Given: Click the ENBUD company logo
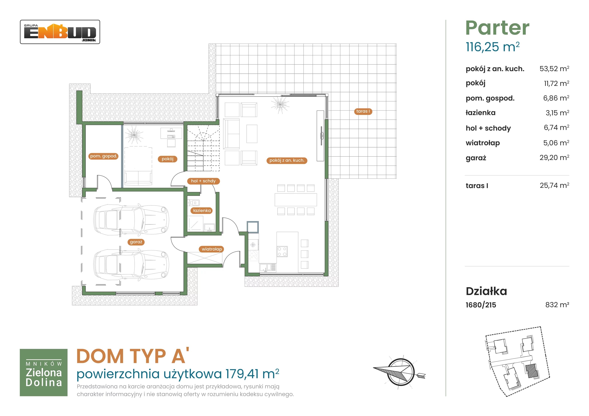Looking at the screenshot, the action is [x=60, y=32].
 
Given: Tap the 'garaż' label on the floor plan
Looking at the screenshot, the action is [x=136, y=242].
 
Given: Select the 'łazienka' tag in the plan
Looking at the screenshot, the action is [x=202, y=211].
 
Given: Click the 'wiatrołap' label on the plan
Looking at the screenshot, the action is [x=212, y=249].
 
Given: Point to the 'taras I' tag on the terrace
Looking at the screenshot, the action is [x=363, y=111].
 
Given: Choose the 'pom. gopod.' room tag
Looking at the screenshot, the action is [x=103, y=156].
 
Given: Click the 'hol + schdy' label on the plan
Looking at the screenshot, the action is [x=203, y=181].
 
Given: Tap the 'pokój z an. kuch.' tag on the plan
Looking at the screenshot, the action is [x=287, y=160].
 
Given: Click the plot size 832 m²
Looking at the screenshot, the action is [x=557, y=305].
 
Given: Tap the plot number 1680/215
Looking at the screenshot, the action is [x=481, y=305].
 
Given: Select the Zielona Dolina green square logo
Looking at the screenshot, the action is [x=44, y=372].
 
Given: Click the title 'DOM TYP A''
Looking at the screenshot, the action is [x=133, y=356].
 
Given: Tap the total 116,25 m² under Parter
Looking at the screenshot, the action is [x=493, y=47].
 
